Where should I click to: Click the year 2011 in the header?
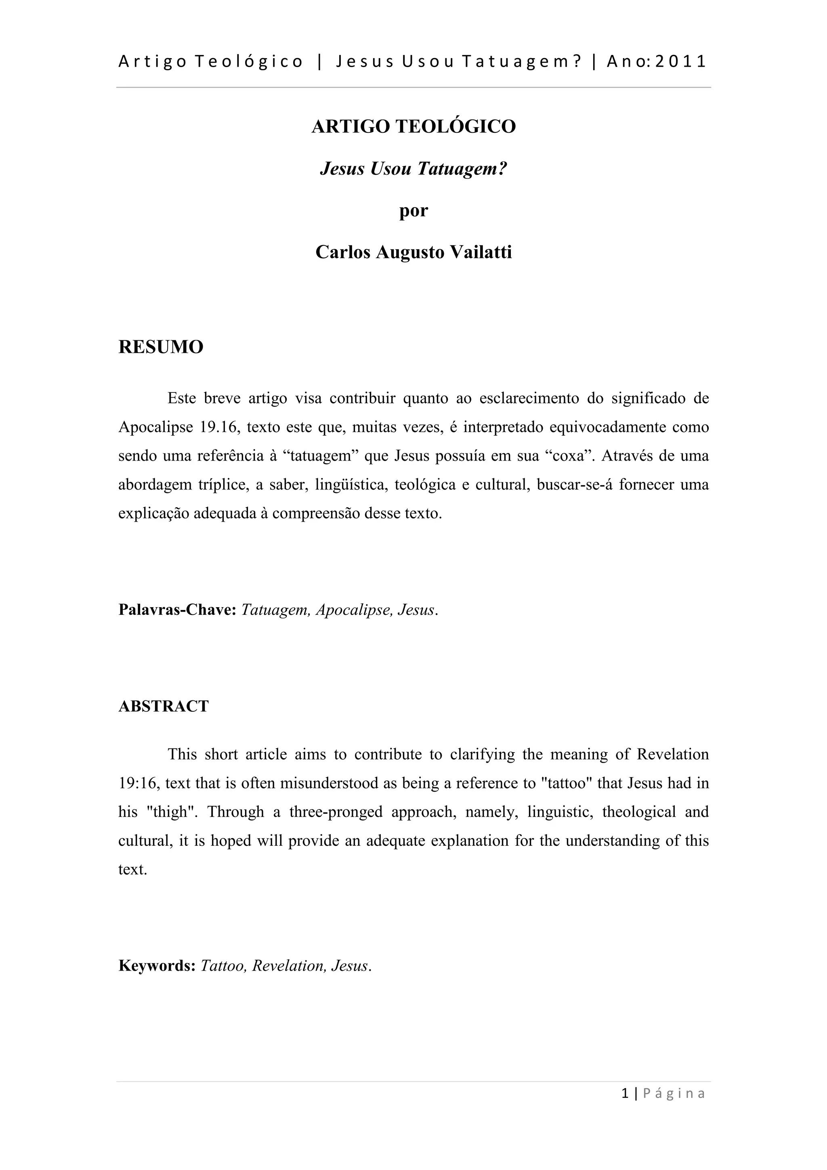[680, 62]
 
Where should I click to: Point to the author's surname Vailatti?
[481, 252]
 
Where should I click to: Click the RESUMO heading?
[161, 347]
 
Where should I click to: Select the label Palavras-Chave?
[177, 610]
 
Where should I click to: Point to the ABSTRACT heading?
[164, 706]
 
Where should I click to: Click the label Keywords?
[157, 966]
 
